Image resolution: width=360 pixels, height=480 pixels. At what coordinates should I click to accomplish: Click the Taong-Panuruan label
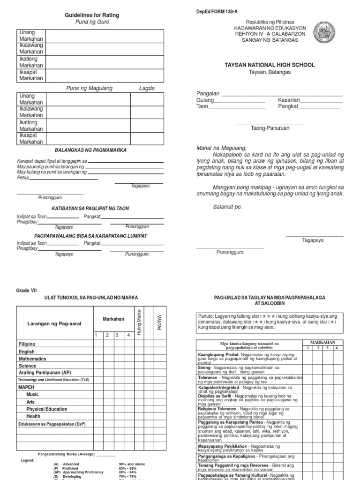270,128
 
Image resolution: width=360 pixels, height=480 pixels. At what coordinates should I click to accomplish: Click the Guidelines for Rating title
92,15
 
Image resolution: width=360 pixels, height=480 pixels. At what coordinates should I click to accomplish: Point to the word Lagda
146,88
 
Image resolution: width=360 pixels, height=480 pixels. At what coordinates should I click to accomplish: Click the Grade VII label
26,290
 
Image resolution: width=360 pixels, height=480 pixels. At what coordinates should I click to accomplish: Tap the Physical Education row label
47,409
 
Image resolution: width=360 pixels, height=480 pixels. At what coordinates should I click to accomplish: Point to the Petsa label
23,178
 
